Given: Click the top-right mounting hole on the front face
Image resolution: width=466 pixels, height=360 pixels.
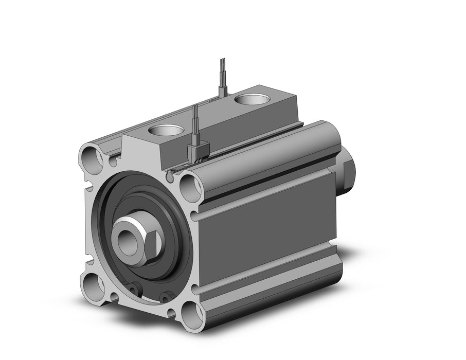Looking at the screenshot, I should tap(190, 184).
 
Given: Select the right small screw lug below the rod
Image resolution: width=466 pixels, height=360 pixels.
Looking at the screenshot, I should tap(166, 297).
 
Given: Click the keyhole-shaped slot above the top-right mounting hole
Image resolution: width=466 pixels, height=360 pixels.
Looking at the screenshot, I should tap(170, 176).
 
